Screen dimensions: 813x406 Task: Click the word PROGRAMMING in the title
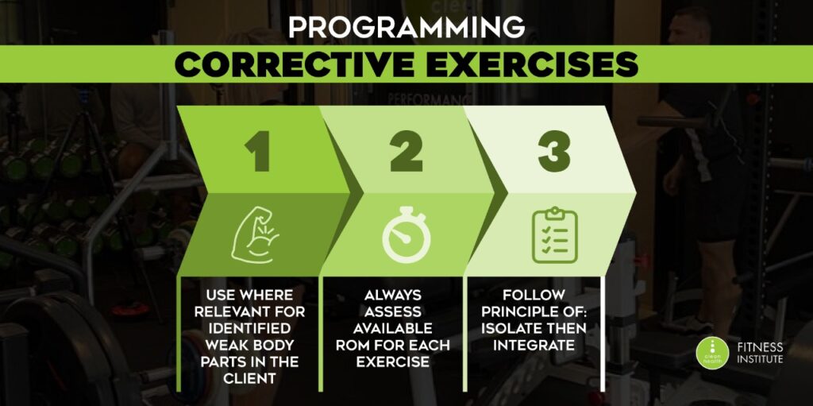tap(406, 28)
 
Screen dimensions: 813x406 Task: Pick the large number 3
tap(554, 151)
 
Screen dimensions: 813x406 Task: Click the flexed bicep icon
tap(255, 235)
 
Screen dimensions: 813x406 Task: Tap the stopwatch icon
tap(406, 235)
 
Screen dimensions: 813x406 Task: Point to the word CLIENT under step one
tap(250, 378)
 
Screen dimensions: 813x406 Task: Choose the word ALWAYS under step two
tap(393, 295)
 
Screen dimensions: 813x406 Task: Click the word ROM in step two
tap(352, 345)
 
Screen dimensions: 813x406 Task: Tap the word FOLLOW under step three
tap(534, 295)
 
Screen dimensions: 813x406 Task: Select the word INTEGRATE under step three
tap(534, 345)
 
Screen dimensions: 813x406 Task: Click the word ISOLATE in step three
tap(512, 328)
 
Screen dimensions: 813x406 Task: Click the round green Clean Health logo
tap(712, 353)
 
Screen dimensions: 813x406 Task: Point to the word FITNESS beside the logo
tap(760, 347)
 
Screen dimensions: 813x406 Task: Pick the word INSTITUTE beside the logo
tap(760, 359)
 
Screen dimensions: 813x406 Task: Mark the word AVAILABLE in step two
tap(393, 328)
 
